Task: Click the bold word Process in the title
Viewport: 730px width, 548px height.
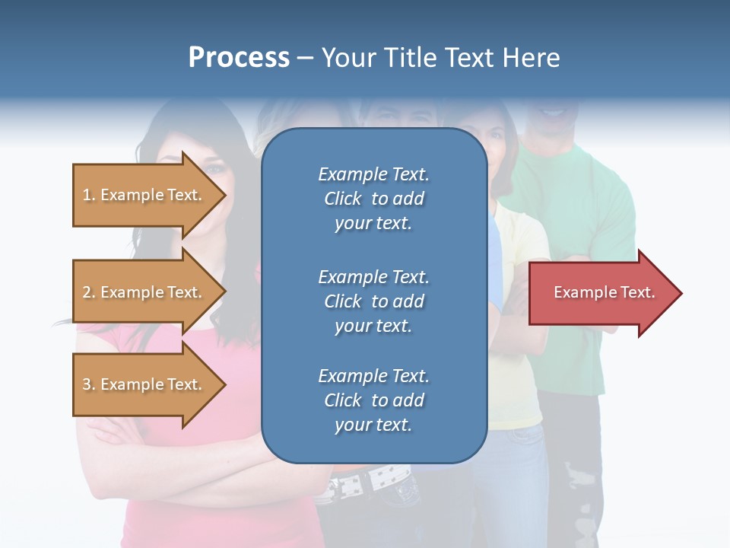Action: (x=239, y=58)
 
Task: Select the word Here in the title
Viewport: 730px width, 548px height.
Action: (x=532, y=58)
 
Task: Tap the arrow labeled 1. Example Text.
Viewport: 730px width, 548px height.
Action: (x=144, y=195)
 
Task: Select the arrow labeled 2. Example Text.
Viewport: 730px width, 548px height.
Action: (x=144, y=292)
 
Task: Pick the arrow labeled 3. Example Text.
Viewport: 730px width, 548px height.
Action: (x=144, y=384)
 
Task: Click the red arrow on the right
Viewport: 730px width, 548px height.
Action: (x=601, y=293)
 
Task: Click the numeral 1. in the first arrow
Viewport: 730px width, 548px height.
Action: (x=88, y=195)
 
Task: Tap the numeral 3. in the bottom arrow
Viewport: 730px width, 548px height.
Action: (x=88, y=384)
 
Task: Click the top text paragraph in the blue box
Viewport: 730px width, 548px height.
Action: (x=373, y=199)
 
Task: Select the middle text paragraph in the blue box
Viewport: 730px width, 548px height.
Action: (x=373, y=301)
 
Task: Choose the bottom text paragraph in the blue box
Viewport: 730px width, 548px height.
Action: (x=373, y=400)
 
